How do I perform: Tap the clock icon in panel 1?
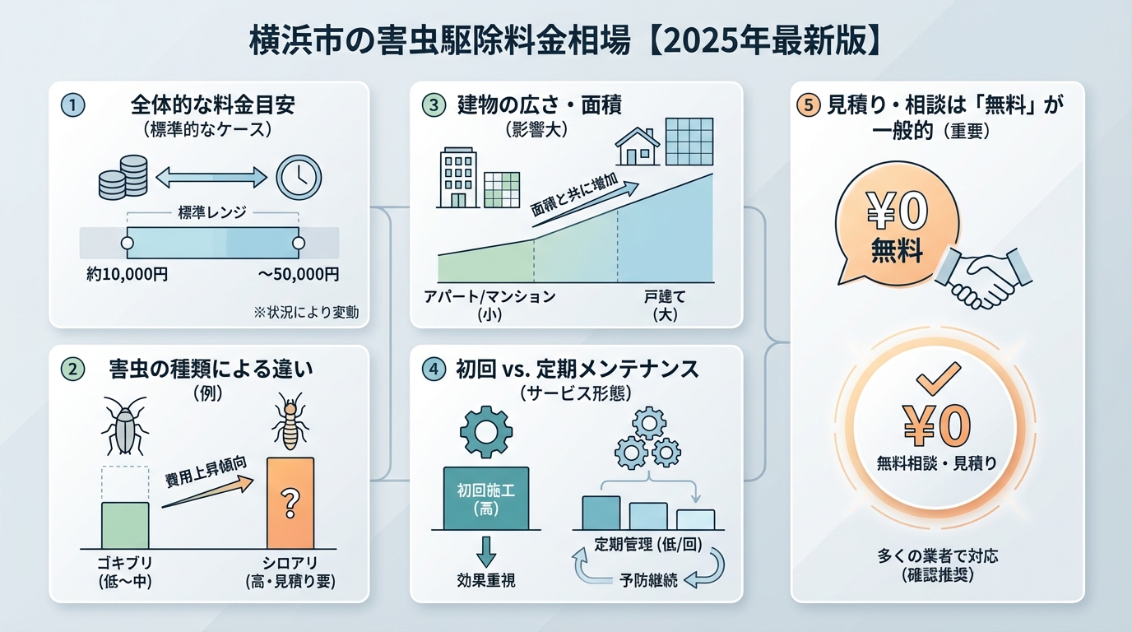coord(298,177)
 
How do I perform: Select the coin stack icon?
coord(123,176)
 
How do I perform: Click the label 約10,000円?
coord(128,274)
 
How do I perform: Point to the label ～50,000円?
coord(298,274)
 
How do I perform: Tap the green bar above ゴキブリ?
coord(125,525)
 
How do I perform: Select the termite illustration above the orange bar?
coord(289,423)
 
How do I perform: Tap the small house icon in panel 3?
coord(638,146)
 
